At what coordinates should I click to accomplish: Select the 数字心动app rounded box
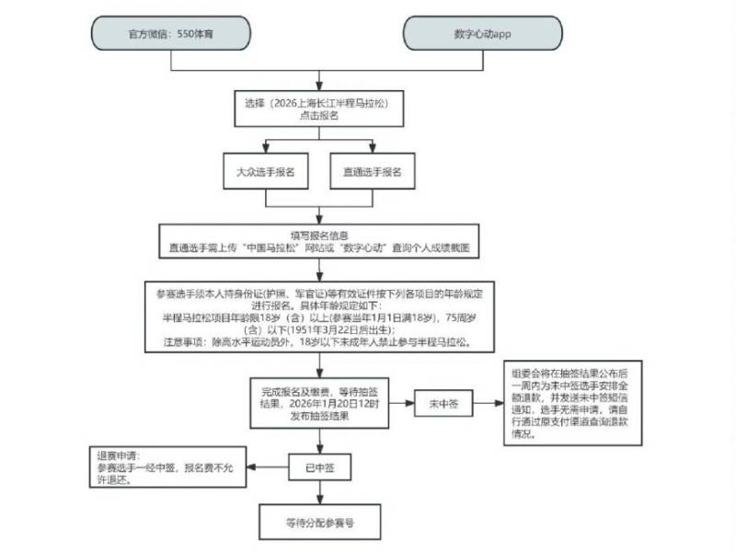pos(482,33)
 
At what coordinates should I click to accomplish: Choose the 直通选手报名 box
pos(372,173)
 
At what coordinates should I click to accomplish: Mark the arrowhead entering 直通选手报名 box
pos(372,150)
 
